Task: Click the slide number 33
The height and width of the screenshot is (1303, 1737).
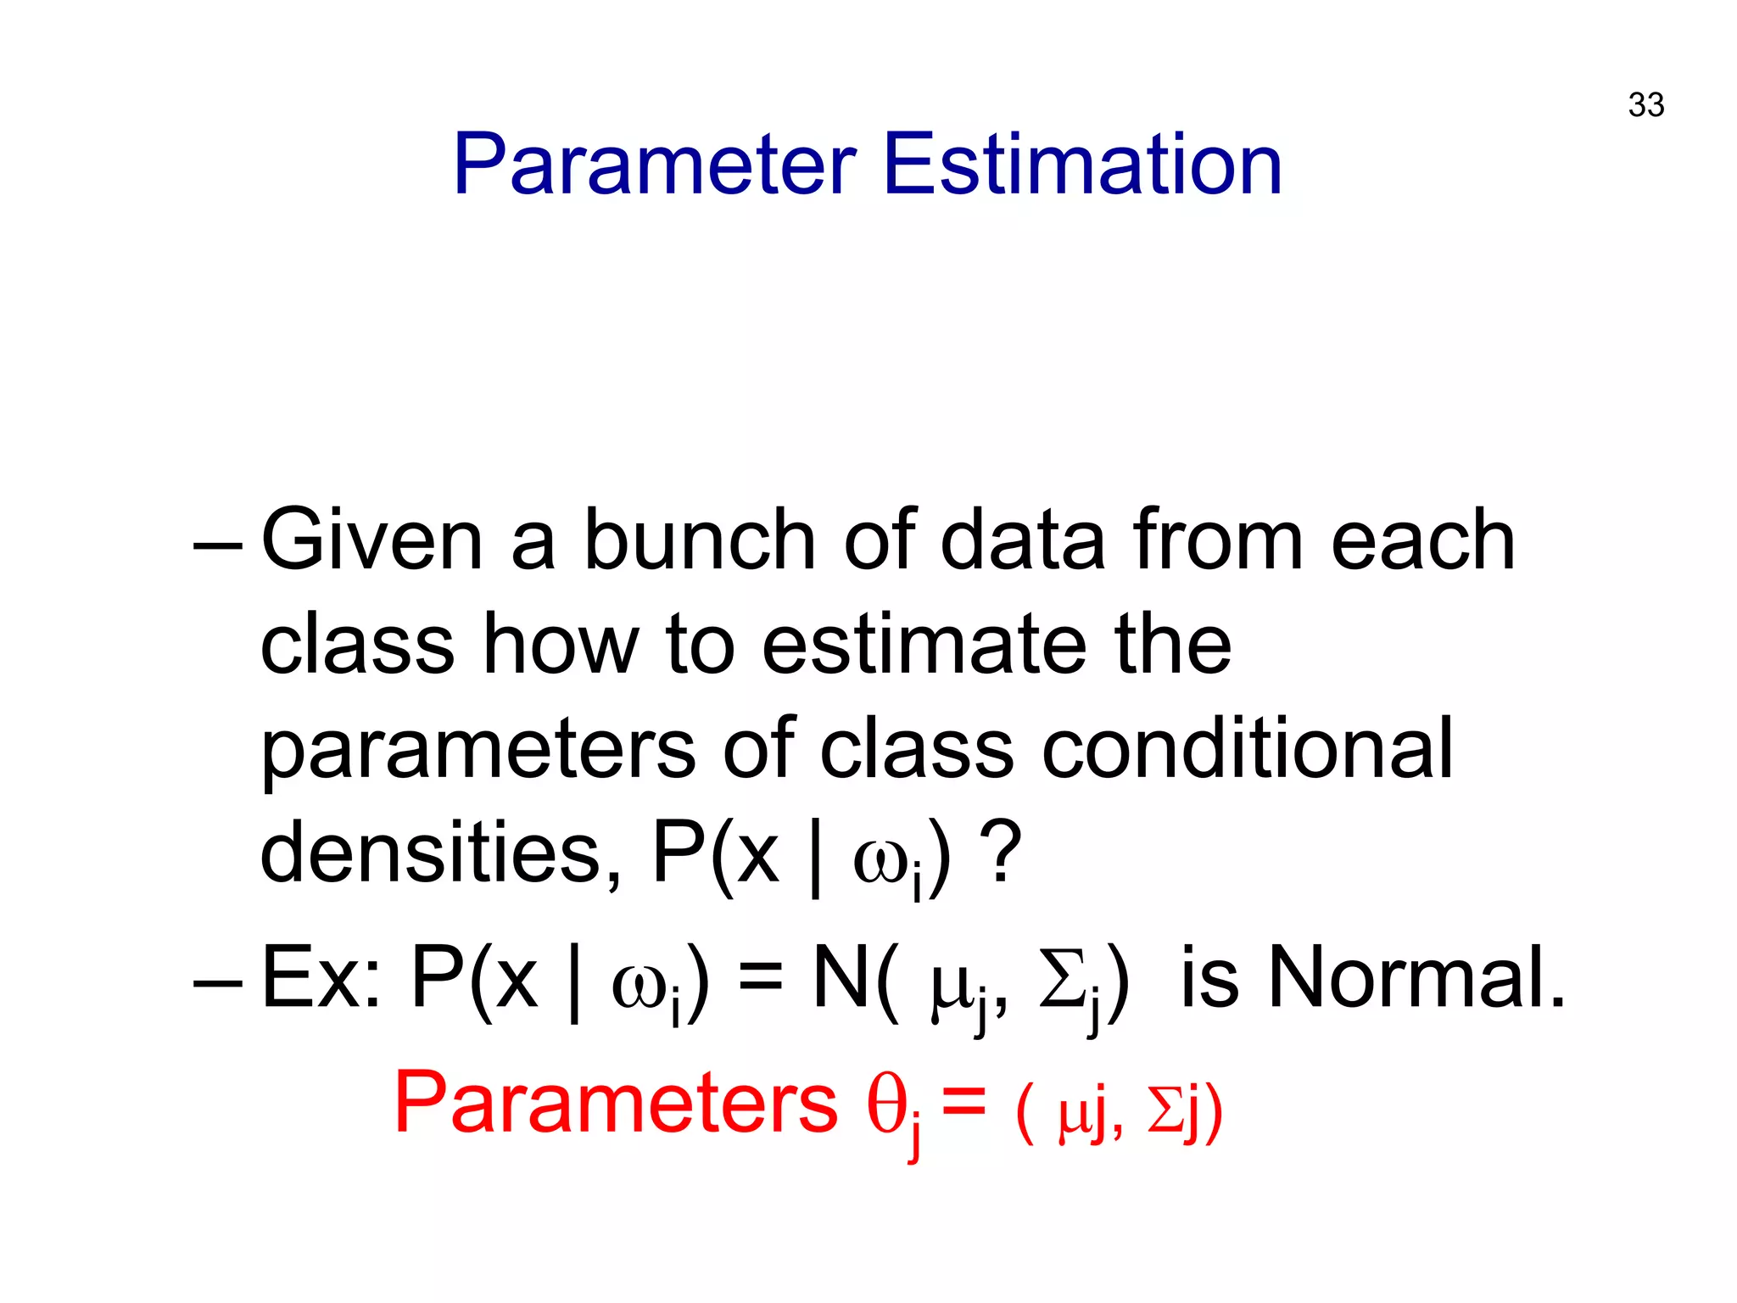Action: [1645, 105]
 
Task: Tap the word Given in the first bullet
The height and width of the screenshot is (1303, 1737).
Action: [371, 540]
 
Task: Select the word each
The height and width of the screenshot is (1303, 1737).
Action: [1422, 540]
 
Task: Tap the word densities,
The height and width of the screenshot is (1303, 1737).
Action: [440, 853]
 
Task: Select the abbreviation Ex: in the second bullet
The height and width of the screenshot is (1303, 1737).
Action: [321, 978]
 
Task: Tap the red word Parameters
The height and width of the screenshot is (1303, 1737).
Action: [616, 1102]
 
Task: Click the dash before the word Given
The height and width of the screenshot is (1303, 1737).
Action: [217, 543]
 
